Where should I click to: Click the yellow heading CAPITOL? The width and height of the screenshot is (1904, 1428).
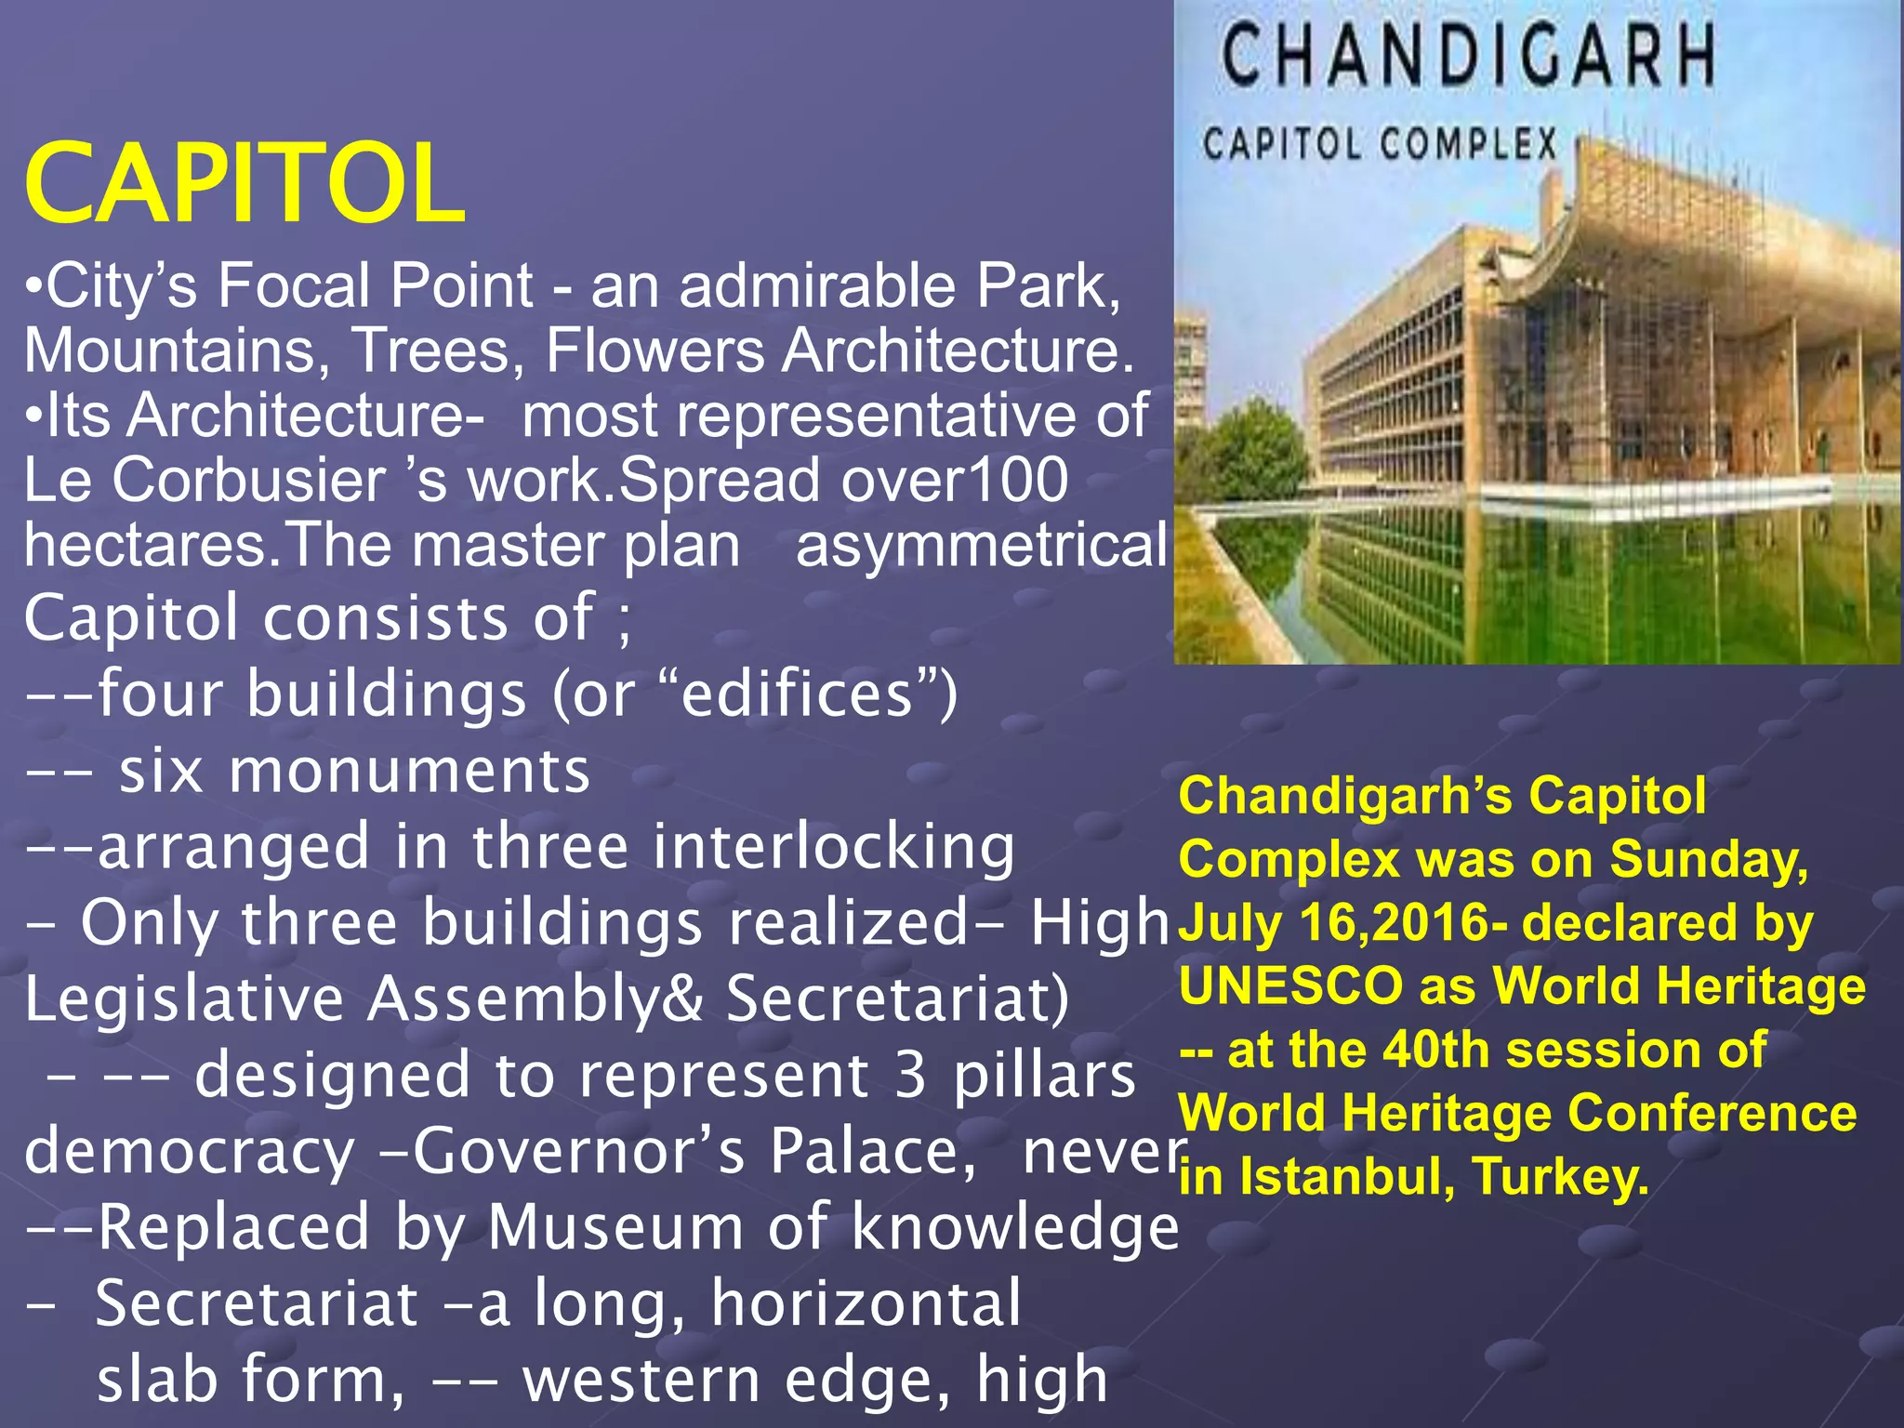244,183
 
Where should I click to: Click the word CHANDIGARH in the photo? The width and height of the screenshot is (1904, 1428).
1468,55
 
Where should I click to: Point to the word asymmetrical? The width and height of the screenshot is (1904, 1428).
981,546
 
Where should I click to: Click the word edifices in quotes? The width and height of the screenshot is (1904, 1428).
798,694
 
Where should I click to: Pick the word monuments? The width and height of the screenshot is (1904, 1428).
409,771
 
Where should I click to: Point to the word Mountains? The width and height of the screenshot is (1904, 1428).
173,350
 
